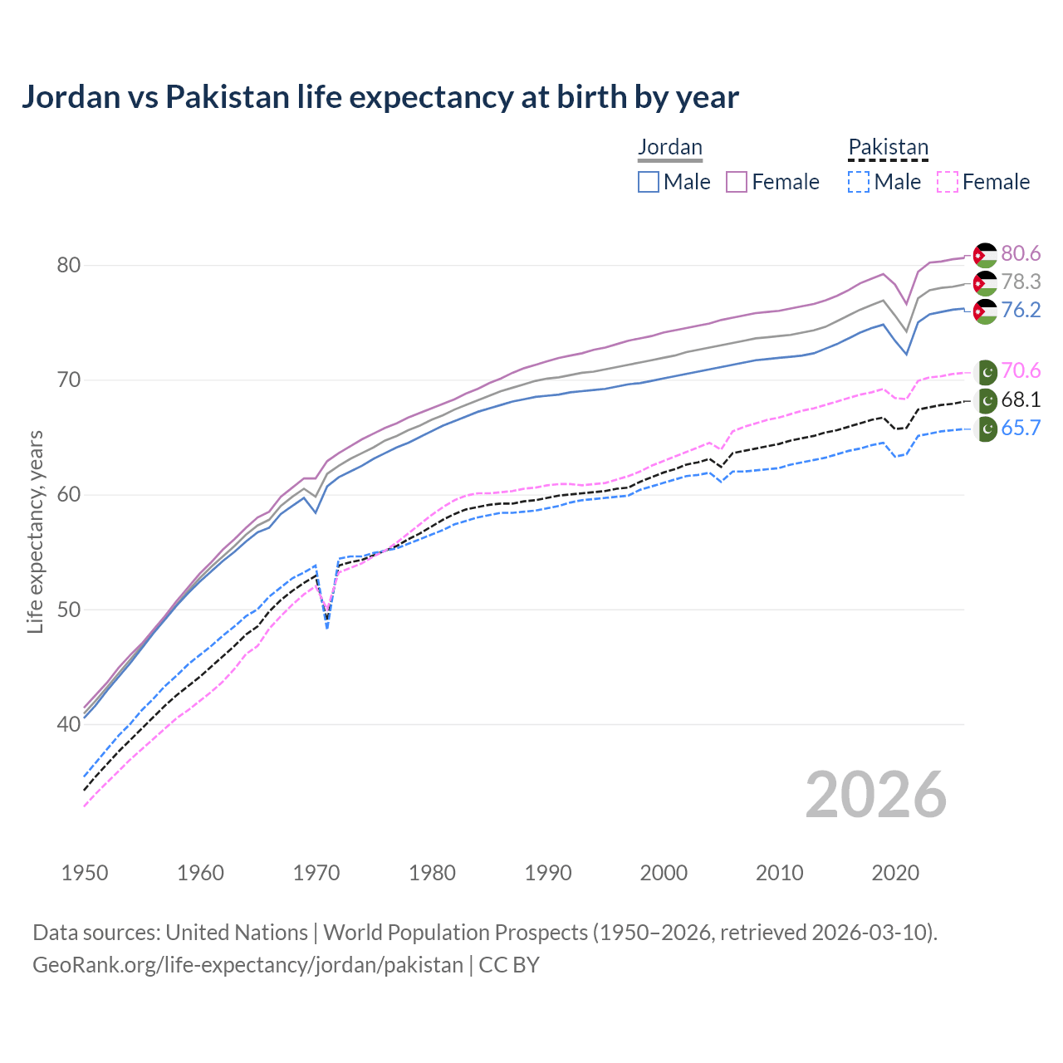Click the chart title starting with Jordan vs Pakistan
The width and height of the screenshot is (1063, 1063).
click(x=380, y=97)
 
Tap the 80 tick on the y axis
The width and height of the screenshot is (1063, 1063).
click(x=68, y=266)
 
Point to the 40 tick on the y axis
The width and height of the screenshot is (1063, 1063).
click(x=68, y=724)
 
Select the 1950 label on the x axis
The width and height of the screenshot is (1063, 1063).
click(x=85, y=873)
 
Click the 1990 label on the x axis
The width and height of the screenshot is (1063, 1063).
click(x=548, y=873)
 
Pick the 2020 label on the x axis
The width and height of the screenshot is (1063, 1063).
click(x=895, y=873)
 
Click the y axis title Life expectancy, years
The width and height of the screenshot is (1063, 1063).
click(x=36, y=531)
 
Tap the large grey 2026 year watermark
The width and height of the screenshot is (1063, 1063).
click(x=875, y=795)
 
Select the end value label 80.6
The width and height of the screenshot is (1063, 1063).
click(x=1021, y=253)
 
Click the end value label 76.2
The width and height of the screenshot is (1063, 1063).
click(x=1021, y=310)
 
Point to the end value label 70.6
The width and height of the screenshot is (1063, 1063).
click(x=1021, y=370)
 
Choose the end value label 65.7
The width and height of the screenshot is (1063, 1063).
click(x=1021, y=428)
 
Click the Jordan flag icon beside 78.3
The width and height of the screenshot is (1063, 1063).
click(x=985, y=283)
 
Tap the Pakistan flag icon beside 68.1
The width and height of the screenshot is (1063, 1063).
click(x=986, y=401)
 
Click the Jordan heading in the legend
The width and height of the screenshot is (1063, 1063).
click(x=669, y=147)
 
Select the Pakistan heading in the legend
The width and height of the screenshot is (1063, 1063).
click(x=888, y=147)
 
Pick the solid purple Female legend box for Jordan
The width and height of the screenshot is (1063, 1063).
click(x=737, y=182)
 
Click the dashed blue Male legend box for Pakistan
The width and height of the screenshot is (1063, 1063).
click(x=859, y=182)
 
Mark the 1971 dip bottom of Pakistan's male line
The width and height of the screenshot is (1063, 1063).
click(x=327, y=628)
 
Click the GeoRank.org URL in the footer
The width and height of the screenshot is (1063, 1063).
click(x=247, y=965)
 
